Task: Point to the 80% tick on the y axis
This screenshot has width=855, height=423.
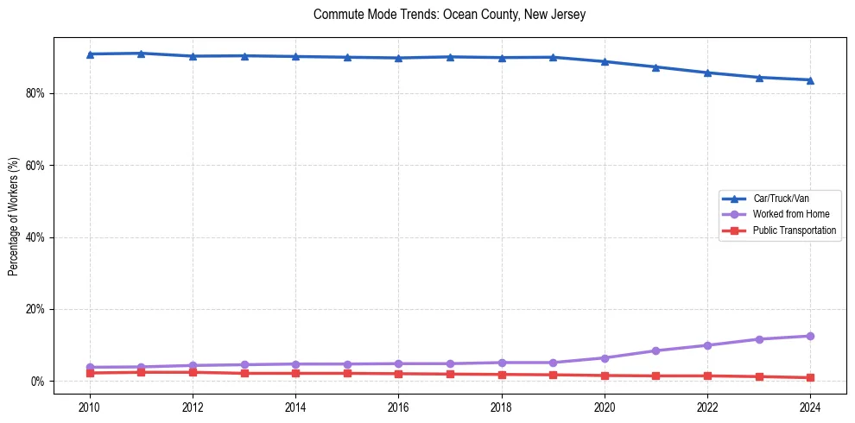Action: pos(36,93)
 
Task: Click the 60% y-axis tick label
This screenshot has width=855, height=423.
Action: pos(36,165)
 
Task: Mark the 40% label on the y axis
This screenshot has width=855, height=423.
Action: pos(36,237)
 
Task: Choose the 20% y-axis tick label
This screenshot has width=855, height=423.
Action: pos(36,309)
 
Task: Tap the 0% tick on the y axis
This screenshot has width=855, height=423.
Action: pos(39,382)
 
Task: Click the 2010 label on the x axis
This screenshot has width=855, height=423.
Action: pos(90,406)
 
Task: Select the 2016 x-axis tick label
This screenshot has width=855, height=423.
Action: pos(398,406)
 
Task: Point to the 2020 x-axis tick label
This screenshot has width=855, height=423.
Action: pos(605,406)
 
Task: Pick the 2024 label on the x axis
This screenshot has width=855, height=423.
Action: pos(810,406)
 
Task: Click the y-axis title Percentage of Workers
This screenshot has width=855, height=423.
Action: pos(13,216)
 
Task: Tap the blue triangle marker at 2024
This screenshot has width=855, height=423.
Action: pos(810,80)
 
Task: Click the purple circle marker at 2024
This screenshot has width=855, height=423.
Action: pos(810,336)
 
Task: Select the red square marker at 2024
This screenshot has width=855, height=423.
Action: pos(810,377)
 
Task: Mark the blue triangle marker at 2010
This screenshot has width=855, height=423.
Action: pos(90,54)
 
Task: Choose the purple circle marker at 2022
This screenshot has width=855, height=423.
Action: pos(707,345)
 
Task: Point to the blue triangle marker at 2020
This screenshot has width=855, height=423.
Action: pos(605,61)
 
